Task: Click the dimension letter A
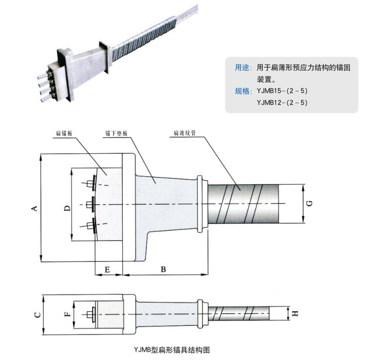coord(34,209)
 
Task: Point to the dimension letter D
coord(67,208)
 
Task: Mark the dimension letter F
coord(68,312)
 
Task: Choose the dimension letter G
coord(309,203)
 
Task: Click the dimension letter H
coord(295,313)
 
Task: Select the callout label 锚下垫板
coord(115,133)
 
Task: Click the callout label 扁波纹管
coord(183,133)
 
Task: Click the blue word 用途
coord(241,68)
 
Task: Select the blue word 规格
coord(241,91)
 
